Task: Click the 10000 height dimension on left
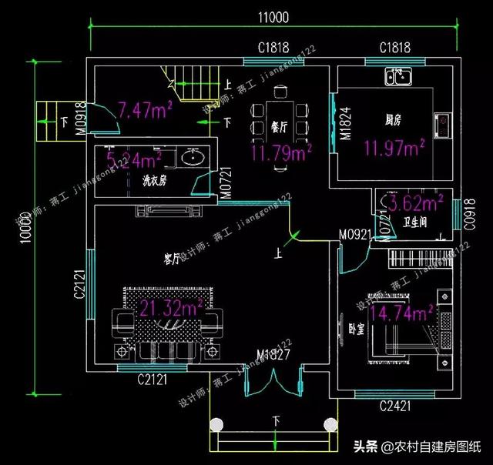coord(25,224)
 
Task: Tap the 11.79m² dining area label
coord(280,153)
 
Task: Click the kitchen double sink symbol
coord(400,75)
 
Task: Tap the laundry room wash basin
coord(192,159)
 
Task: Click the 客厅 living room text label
coord(172,259)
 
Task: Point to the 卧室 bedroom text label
coord(356,327)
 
